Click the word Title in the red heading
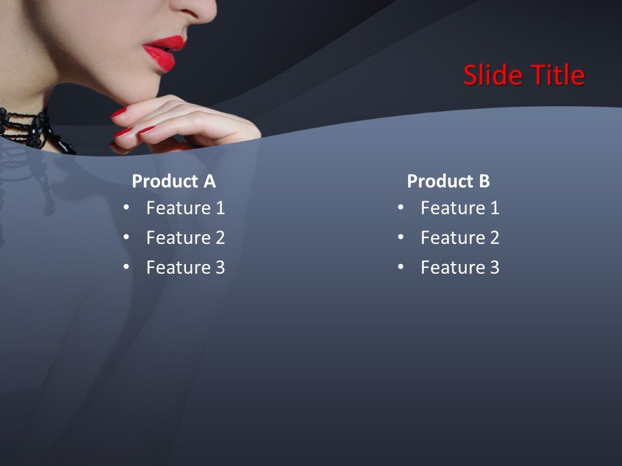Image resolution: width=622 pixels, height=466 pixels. click(559, 76)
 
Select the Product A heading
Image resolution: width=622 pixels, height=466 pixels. click(174, 182)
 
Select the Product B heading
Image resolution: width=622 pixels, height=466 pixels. click(448, 182)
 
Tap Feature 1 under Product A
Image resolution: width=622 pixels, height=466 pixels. click(185, 208)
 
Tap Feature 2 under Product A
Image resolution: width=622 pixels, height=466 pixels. click(185, 238)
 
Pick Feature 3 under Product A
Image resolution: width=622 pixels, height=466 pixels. click(185, 268)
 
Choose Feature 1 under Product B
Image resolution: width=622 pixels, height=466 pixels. click(460, 208)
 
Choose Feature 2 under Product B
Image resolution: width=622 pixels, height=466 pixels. click(460, 238)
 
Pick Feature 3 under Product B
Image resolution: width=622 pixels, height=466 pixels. click(460, 268)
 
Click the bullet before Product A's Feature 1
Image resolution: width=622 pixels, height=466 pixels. click(126, 208)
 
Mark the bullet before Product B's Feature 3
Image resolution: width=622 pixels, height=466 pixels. click(400, 267)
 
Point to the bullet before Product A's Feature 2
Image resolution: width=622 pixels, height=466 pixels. click(126, 238)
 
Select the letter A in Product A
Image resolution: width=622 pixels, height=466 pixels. click(209, 182)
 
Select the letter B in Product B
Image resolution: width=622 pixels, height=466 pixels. click(484, 182)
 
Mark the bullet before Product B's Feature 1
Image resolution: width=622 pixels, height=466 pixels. click(400, 208)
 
